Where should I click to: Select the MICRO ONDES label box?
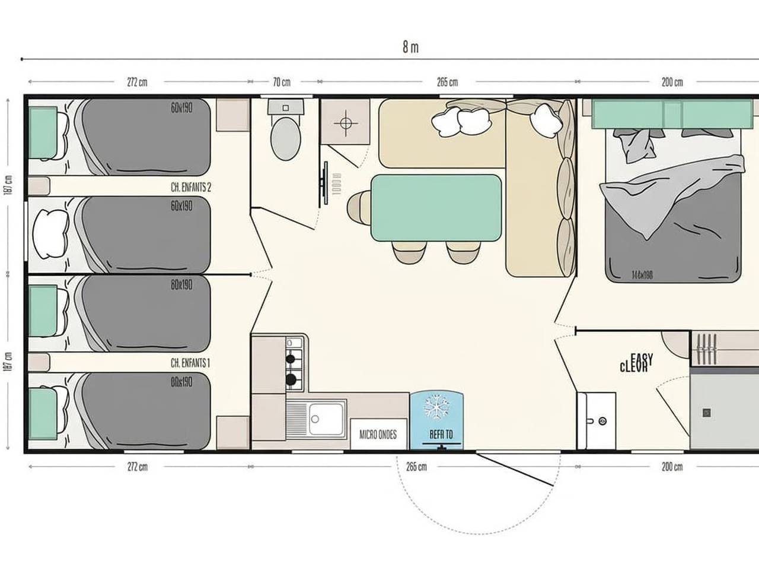coord(378,435)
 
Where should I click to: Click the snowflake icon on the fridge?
coord(436,408)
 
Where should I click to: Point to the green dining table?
coord(436,207)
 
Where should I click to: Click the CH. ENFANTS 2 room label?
coord(191,187)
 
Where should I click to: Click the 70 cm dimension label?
coord(282,83)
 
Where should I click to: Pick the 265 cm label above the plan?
coord(447,83)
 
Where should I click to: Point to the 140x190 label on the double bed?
coord(642,275)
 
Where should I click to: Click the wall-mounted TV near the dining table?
coord(326,183)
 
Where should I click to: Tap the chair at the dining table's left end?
coord(358,207)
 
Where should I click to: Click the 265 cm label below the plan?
coord(416,467)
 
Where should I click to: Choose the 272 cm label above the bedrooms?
coord(137,83)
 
